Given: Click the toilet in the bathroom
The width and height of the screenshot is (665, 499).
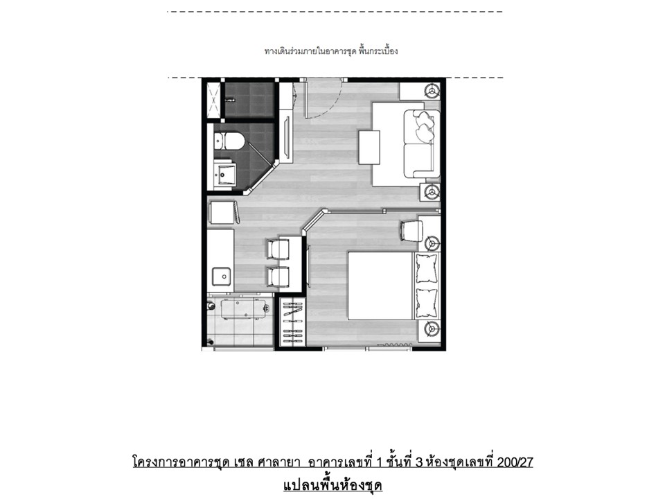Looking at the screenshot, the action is click(229, 141).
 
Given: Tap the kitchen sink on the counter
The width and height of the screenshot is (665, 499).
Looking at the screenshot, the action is click(222, 277).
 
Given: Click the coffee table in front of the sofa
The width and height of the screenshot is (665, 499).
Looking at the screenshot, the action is click(369, 147).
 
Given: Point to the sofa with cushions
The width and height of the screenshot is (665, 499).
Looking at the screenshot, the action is click(422, 143).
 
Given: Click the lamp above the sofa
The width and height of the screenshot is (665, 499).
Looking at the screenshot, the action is click(432, 91).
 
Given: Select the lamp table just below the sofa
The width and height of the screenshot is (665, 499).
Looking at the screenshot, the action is click(430, 192).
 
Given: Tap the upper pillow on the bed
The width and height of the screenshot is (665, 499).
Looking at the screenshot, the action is click(426, 268).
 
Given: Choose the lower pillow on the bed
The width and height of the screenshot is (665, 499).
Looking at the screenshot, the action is click(426, 303).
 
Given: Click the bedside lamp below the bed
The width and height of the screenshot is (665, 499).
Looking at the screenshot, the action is click(432, 329).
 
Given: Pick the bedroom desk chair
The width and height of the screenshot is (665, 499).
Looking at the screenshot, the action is click(411, 230).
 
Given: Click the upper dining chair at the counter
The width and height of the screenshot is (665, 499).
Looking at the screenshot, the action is click(278, 249).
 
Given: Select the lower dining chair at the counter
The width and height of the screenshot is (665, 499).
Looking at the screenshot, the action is click(278, 277).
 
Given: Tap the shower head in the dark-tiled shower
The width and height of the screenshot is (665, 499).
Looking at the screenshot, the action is click(230, 100).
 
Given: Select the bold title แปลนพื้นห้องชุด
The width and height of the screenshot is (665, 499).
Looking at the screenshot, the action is click(332, 485).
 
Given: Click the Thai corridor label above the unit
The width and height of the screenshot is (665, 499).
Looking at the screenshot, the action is click(331, 51).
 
